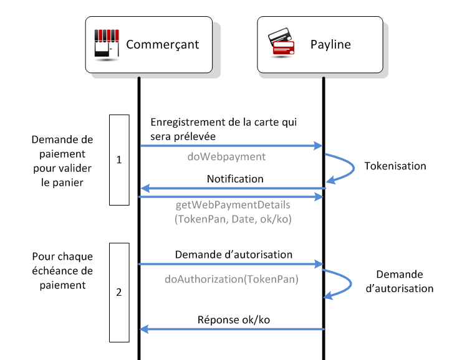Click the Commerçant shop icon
[107, 44]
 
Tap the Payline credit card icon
[281, 42]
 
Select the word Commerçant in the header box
[162, 45]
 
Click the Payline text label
[330, 45]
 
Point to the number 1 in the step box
[119, 159]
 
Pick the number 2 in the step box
[119, 292]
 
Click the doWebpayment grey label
[226, 157]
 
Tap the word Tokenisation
[395, 166]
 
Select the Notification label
[235, 179]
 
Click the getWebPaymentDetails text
[233, 205]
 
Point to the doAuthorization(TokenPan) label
[231, 279]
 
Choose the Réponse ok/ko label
[234, 320]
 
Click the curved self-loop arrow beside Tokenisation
[354, 168]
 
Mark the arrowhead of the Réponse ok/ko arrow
[144, 329]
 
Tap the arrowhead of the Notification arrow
[145, 189]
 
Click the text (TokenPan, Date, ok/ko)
[233, 219]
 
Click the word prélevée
[195, 136]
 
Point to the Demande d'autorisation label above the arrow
[233, 255]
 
